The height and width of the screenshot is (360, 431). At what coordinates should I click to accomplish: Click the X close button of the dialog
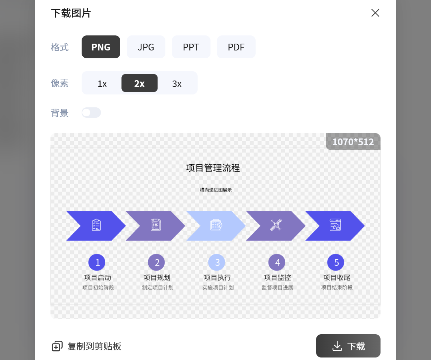375,13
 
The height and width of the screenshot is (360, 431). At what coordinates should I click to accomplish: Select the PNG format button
101,47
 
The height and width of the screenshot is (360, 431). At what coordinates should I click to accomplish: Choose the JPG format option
146,47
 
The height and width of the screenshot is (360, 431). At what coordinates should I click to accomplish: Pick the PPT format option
191,47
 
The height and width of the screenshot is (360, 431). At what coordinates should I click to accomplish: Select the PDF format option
236,47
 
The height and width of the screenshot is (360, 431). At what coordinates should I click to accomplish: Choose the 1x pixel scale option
102,83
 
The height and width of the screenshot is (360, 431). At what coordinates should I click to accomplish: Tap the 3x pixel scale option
177,83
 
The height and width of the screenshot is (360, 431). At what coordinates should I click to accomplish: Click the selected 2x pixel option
140,83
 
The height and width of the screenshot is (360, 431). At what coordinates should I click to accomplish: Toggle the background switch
91,113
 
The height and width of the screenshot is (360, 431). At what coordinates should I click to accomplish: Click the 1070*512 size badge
353,142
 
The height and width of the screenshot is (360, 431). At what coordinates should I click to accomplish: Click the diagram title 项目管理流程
213,168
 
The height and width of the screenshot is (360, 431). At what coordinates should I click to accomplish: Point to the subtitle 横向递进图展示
216,190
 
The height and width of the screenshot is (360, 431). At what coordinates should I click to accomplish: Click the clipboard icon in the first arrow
96,225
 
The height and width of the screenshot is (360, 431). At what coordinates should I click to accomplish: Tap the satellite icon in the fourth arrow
276,225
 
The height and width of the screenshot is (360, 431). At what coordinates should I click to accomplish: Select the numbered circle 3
217,262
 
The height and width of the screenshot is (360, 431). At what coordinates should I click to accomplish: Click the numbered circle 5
336,262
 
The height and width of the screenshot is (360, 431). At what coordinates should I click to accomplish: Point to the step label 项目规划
157,278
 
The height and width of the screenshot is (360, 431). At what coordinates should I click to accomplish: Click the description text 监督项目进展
277,288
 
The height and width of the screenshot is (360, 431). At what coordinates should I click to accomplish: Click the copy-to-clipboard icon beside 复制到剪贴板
57,346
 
